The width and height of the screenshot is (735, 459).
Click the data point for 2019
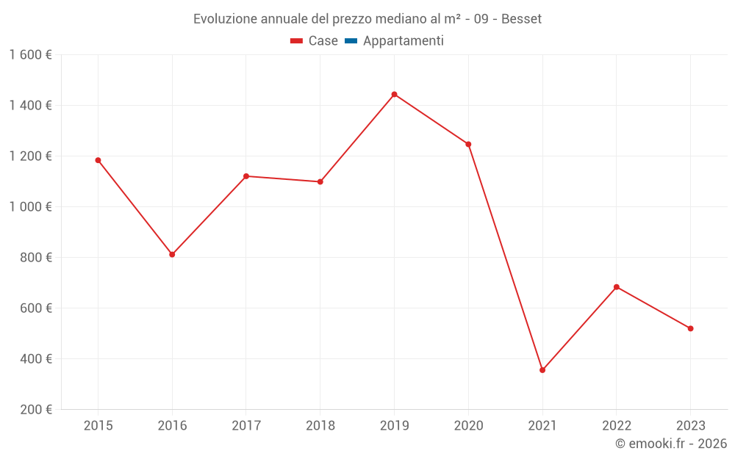tap(394, 94)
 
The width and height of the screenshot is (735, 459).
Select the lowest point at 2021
tap(542, 370)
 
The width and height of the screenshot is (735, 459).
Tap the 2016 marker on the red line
tap(172, 255)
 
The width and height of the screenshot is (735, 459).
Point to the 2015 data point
tap(98, 160)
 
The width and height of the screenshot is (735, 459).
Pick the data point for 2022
tap(617, 287)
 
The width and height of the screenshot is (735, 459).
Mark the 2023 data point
tap(690, 328)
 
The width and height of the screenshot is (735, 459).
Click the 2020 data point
tap(468, 144)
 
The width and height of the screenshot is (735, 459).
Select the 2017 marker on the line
tap(246, 176)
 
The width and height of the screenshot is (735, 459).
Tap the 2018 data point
tap(320, 181)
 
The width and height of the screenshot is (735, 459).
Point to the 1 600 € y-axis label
tap(30, 55)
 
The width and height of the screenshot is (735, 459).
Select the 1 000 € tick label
tap(30, 207)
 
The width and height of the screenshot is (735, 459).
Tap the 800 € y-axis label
tap(35, 258)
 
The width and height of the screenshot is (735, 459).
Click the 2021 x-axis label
tap(542, 425)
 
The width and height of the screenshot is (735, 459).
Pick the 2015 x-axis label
tap(98, 425)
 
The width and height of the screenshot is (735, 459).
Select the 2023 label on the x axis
tap(690, 425)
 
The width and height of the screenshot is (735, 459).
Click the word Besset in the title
tap(522, 19)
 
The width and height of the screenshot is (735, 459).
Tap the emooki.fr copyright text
tap(671, 444)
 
